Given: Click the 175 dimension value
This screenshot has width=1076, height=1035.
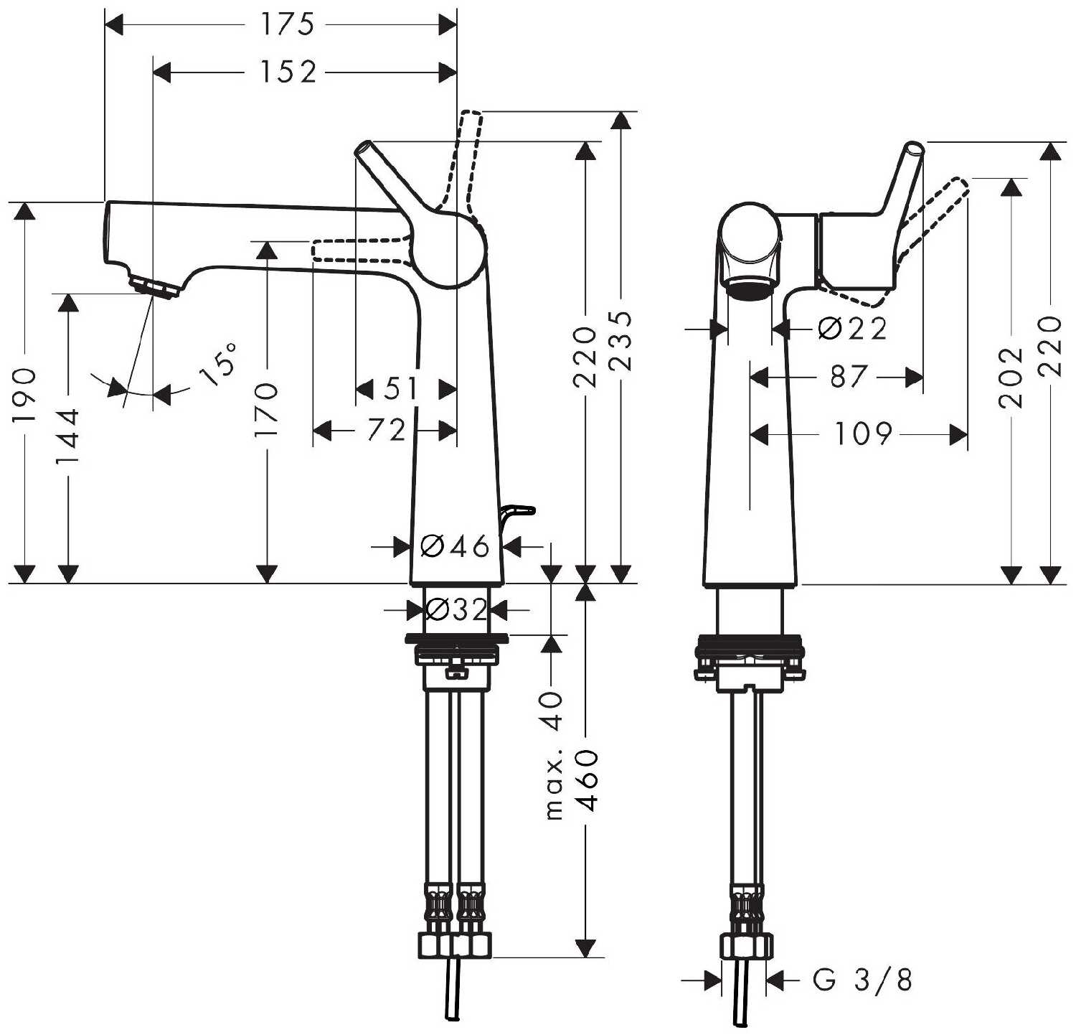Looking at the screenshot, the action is (287, 25).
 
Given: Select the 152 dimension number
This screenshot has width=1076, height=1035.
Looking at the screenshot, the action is (287, 72).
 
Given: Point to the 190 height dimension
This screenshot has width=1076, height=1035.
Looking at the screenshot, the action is (24, 395).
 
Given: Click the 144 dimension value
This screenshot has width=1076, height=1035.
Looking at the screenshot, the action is (68, 437).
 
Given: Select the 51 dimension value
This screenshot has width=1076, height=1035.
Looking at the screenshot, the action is (400, 389).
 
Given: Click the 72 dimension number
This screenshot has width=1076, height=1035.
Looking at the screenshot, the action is (387, 430).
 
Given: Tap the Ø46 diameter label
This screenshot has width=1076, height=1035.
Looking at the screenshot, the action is (455, 547).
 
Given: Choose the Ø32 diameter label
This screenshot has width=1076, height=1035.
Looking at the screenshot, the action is (456, 610).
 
